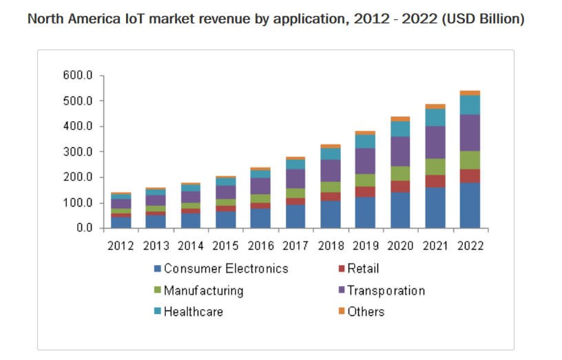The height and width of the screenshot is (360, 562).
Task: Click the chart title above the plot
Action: (x=275, y=19)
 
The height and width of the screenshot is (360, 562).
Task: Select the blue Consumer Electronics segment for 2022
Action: (x=470, y=204)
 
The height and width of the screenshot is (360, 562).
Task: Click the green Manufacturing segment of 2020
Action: (x=399, y=173)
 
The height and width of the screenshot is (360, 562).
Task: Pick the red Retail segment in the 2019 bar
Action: (x=364, y=191)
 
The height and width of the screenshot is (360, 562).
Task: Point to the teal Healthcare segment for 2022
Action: (x=470, y=105)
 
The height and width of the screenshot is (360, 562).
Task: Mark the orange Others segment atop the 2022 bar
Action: (x=470, y=93)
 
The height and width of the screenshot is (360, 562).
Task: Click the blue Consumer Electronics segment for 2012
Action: (x=121, y=222)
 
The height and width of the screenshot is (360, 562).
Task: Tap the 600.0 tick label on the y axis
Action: (x=78, y=75)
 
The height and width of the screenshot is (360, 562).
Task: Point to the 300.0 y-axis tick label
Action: (x=78, y=151)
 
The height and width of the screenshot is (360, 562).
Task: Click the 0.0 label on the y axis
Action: (x=83, y=228)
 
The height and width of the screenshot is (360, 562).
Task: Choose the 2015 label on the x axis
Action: (x=225, y=246)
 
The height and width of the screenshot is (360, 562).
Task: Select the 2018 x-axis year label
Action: (x=330, y=246)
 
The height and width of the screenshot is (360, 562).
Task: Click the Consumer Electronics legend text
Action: (x=226, y=268)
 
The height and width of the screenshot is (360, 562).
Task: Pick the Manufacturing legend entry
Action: (x=203, y=290)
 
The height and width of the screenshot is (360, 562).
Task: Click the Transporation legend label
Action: (x=386, y=290)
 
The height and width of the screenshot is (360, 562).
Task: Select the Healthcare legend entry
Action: (x=194, y=311)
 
